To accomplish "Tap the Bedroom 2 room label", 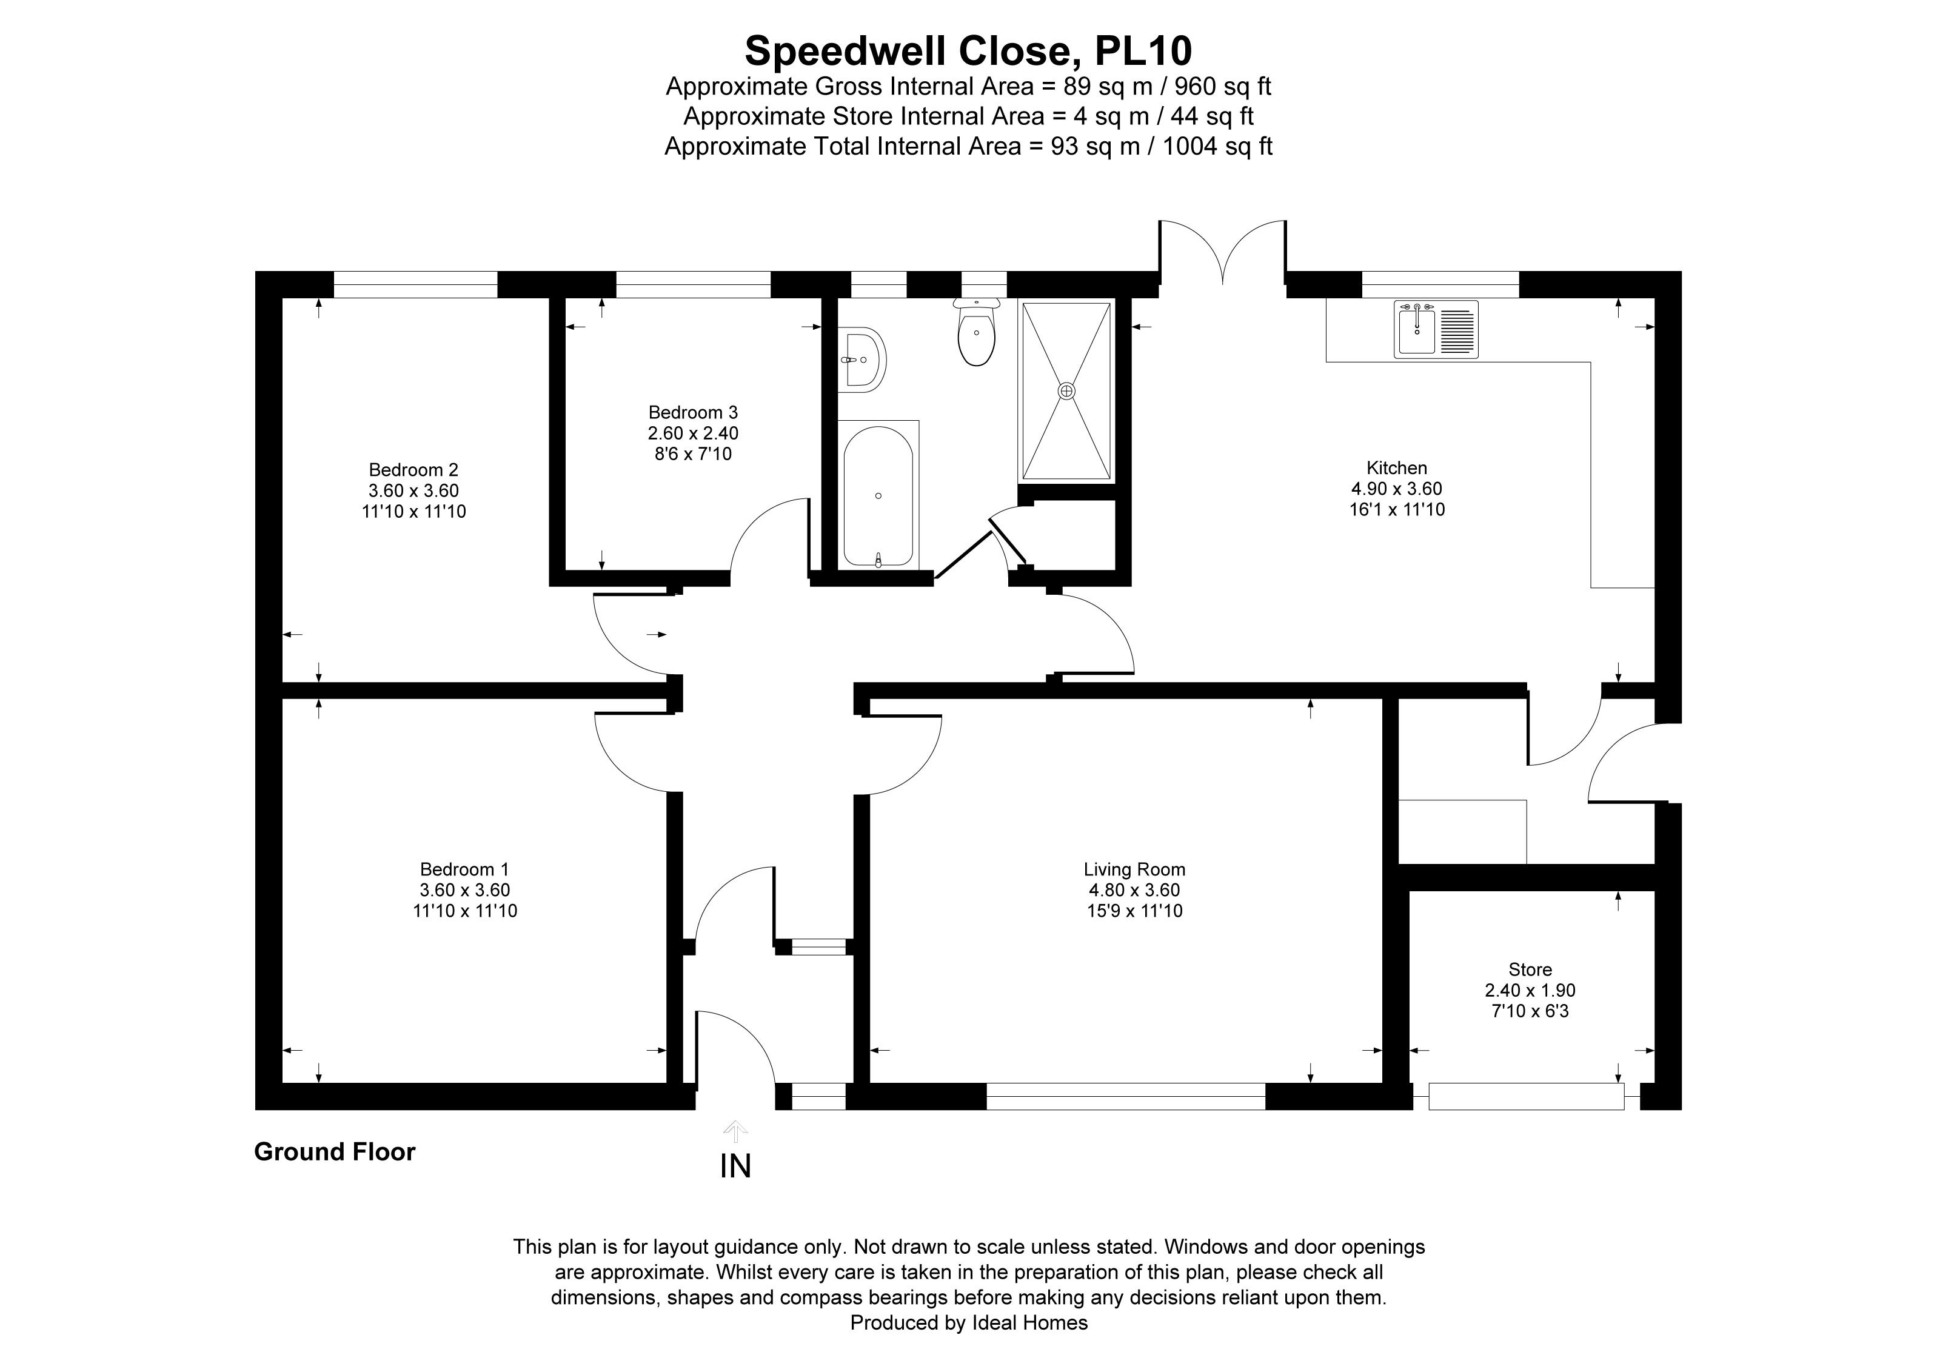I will coord(413,470).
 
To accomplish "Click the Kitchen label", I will coord(1396,468).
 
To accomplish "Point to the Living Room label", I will coord(1134,869).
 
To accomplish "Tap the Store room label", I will coord(1530,970).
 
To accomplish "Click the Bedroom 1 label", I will coord(464,869).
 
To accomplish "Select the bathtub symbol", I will coord(878,496).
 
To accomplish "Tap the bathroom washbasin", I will coord(861,360).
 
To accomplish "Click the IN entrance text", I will coord(735,1166).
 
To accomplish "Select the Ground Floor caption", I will coord(334,1152).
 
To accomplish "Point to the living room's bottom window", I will coord(1125,1096).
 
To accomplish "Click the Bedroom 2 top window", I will coord(415,284).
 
